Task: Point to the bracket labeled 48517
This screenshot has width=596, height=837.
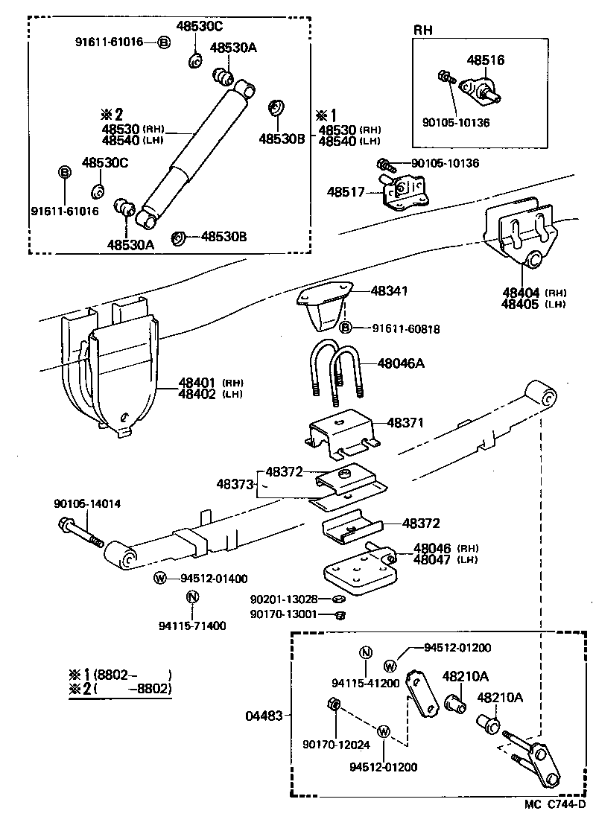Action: tap(403, 194)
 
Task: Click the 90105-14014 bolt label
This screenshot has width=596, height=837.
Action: tap(87, 504)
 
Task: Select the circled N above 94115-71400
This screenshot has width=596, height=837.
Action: tap(191, 596)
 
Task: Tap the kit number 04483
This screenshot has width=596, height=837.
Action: tap(264, 716)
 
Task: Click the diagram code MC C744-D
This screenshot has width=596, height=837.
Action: tap(555, 804)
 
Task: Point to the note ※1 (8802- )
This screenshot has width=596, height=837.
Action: tap(119, 675)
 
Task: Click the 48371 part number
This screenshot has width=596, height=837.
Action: tap(405, 423)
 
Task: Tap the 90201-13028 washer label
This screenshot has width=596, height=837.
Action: tap(284, 599)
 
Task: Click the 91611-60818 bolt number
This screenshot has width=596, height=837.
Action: tap(396, 327)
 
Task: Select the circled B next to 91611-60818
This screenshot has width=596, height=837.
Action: tap(346, 327)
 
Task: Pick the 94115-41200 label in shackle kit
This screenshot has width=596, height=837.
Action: tap(366, 682)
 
